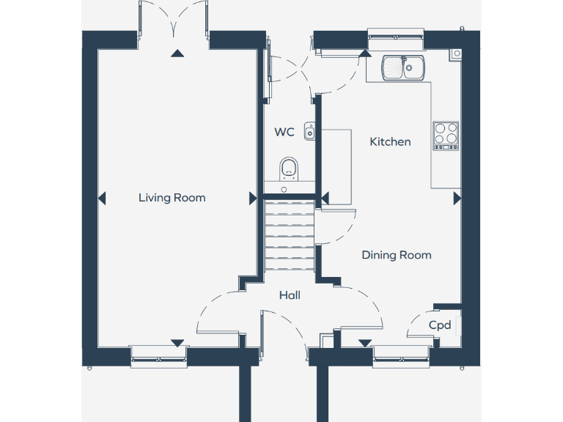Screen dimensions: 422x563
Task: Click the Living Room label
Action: coord(172,198)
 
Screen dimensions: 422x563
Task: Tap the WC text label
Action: coord(284,133)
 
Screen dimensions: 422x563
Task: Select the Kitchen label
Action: coord(390,141)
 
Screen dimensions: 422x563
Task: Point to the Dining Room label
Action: coord(396,255)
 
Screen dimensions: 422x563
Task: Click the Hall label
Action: coord(290,295)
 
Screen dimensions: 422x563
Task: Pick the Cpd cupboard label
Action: coord(440,325)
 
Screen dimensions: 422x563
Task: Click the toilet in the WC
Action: coord(290,169)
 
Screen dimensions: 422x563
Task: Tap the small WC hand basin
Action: coord(310,132)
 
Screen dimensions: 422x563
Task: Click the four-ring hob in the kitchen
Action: coord(446,135)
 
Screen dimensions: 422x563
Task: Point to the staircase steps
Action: coord(289,234)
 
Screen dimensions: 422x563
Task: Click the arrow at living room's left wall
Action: coord(102,198)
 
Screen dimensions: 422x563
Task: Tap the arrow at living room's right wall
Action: coord(253,198)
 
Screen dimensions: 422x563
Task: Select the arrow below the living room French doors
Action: coord(176,53)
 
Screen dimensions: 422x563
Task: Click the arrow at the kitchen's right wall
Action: coord(457,198)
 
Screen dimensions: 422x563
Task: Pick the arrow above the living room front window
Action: coord(176,342)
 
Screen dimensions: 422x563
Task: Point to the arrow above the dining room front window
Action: coord(365,342)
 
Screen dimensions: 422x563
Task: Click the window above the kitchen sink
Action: coord(396,34)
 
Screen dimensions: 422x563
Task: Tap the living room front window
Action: coord(158,355)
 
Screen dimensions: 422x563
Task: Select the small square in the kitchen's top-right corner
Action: coord(457,53)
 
